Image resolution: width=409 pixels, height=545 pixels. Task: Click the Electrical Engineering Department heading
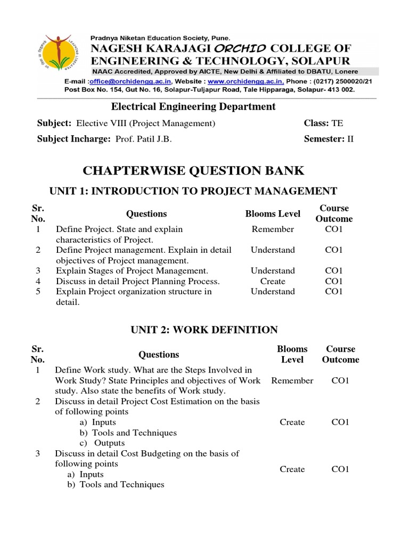[193, 106]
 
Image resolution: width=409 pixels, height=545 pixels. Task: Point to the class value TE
[337, 123]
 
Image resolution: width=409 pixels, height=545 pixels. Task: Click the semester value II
[350, 139]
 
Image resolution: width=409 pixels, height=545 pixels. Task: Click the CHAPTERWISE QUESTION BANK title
[194, 170]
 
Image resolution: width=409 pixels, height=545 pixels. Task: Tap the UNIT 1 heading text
[193, 191]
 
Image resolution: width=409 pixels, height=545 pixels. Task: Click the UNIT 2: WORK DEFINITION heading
[204, 330]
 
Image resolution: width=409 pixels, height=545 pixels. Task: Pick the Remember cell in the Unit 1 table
[273, 229]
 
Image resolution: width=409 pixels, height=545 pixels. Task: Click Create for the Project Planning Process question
[273, 281]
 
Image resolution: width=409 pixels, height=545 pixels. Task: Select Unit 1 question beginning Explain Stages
[132, 271]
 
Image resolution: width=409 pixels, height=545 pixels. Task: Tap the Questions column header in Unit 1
[146, 214]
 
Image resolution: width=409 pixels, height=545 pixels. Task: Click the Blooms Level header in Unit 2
[292, 354]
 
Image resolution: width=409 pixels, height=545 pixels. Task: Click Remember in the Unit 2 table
[292, 381]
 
